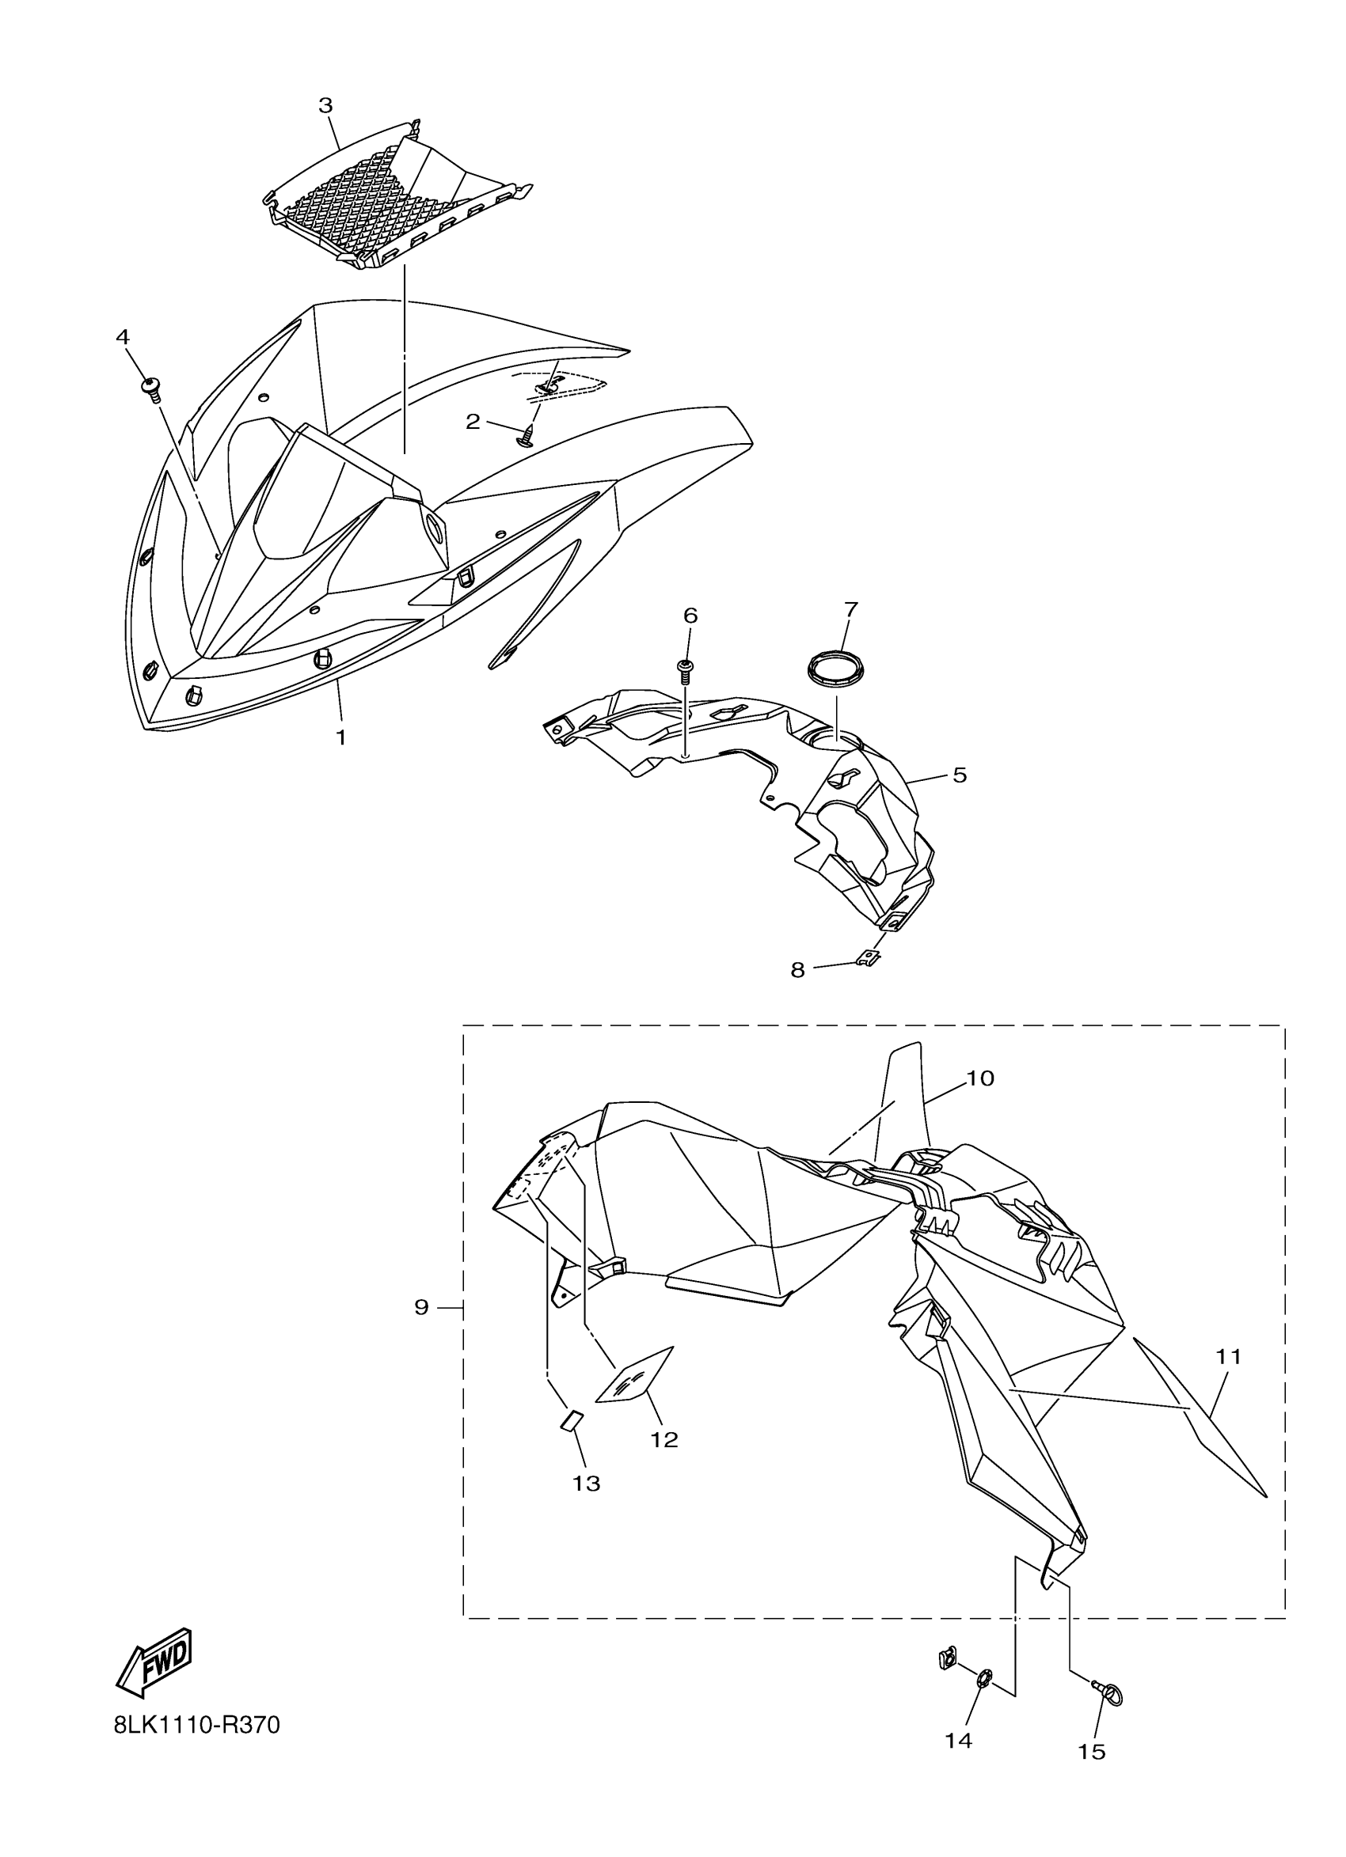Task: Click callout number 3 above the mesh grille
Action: [325, 105]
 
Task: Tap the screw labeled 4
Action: [151, 388]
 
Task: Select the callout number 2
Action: [473, 422]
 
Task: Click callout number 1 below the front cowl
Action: [340, 737]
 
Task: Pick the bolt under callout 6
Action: [686, 669]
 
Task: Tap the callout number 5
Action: [960, 775]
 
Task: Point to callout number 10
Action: [979, 1078]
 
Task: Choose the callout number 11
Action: [1228, 1357]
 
